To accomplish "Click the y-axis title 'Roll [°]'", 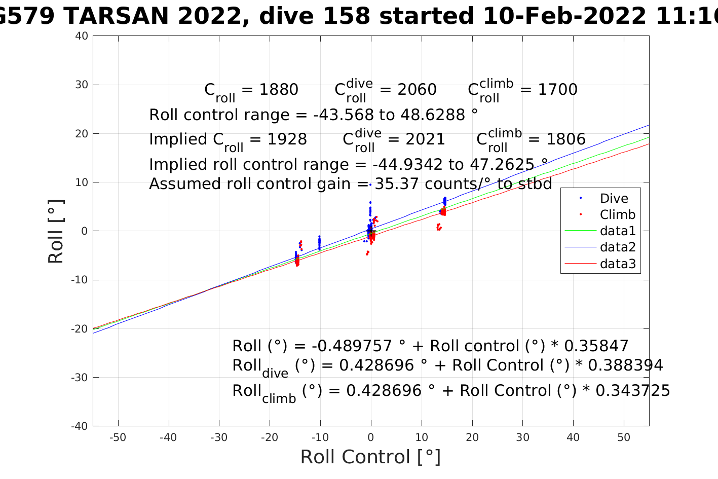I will [x=56, y=232].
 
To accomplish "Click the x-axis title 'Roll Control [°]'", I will [x=370, y=457].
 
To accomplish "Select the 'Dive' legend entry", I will [x=614, y=199].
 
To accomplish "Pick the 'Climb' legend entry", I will [x=617, y=215].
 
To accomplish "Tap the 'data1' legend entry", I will [x=617, y=231].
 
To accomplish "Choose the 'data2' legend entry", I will [x=617, y=247].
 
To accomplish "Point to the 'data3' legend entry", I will [x=617, y=264].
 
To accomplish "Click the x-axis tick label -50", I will [x=118, y=437].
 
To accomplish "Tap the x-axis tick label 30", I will [x=522, y=437].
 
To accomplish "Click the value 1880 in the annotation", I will [x=279, y=90].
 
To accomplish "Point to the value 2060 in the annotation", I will [x=417, y=90].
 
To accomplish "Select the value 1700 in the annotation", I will [x=557, y=90].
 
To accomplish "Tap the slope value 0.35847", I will [x=596, y=346].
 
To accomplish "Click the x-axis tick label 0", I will [x=371, y=437].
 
